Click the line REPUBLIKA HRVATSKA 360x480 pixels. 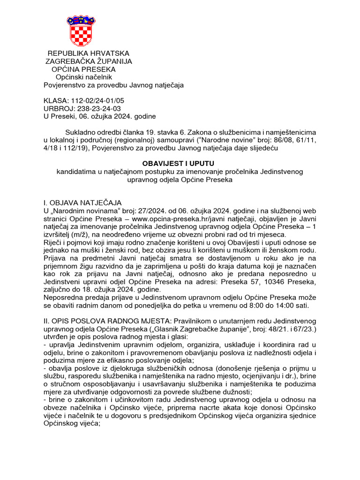[88, 53]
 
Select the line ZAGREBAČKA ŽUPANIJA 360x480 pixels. [88, 61]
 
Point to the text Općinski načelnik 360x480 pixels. [84, 77]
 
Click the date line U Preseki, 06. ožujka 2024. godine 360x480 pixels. [99, 116]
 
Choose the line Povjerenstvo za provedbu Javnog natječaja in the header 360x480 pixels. [113, 85]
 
